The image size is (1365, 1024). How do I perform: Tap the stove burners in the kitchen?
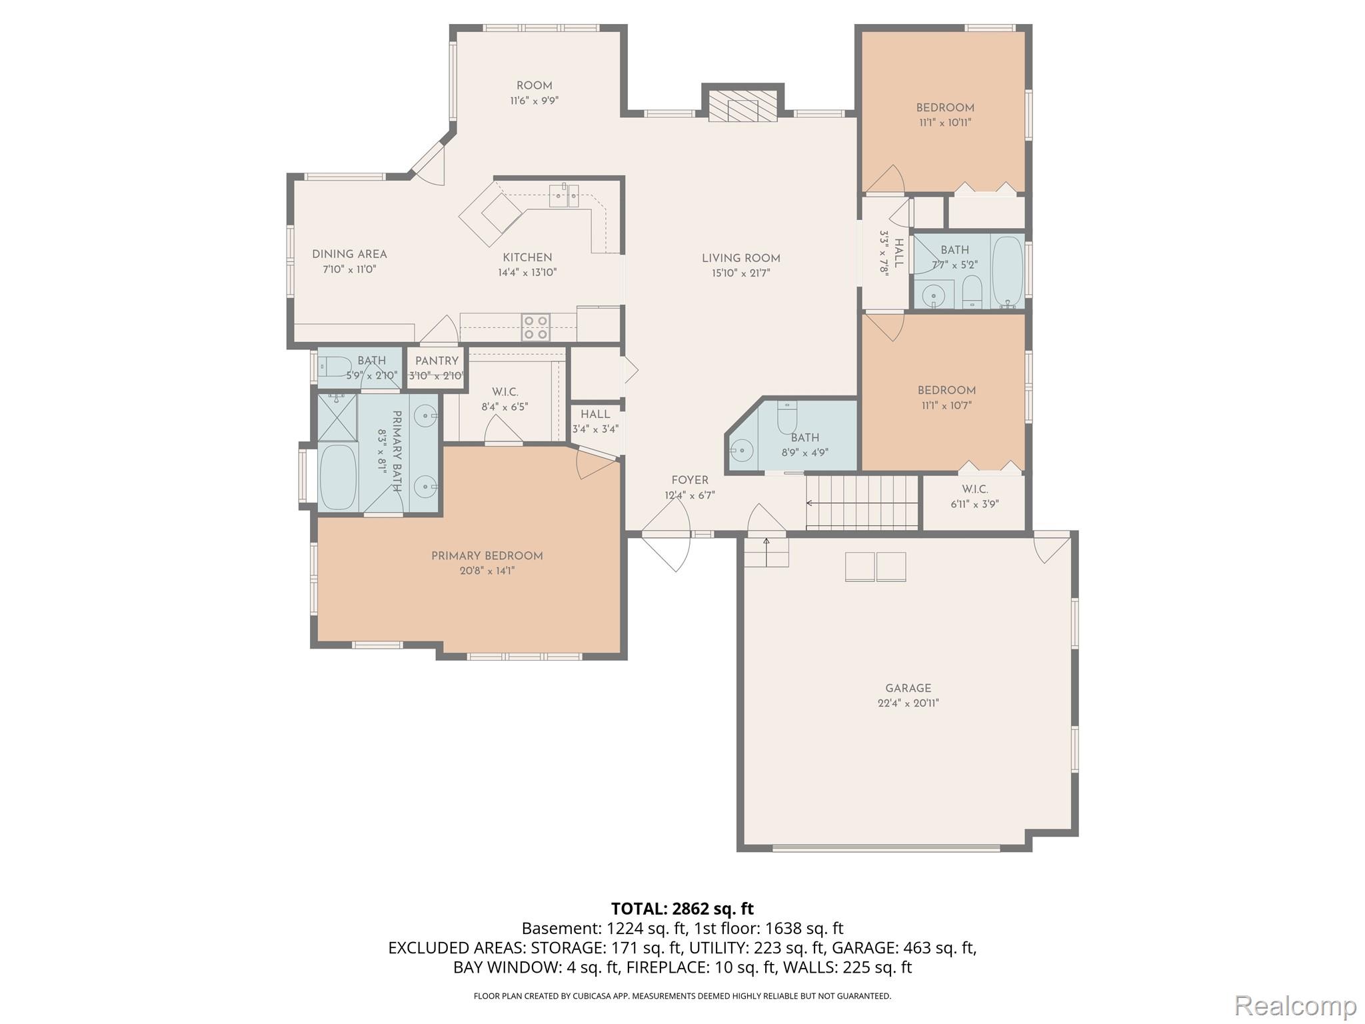point(536,327)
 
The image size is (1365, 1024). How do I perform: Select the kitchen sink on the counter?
point(564,195)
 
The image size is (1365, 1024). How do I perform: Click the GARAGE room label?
point(908,688)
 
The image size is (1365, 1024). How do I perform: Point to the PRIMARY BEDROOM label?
point(487,556)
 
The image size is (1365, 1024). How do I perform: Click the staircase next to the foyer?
point(862,502)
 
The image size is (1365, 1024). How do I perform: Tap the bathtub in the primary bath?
point(339,477)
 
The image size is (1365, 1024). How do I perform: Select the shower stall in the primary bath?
point(337,417)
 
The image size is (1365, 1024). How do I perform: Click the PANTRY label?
point(437,361)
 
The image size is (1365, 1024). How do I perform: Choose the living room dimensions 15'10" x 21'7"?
point(740,273)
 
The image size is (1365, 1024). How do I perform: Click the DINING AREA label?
point(349,254)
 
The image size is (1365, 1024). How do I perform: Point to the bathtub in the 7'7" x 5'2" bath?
point(1007,271)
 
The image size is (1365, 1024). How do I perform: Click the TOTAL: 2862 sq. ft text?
point(682,909)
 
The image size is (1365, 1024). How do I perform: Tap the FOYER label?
point(690,480)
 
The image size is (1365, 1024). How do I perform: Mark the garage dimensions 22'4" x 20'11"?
point(908,703)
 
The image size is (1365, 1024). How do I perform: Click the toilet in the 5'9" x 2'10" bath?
point(335,366)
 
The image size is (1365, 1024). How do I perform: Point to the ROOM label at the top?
point(535,85)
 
